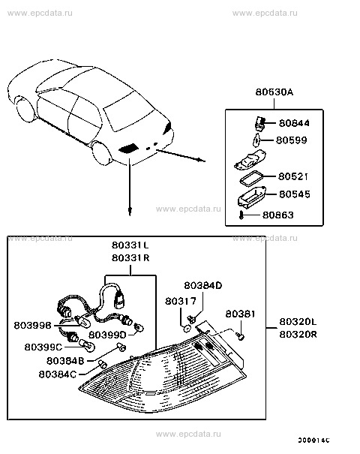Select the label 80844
[x=293, y=123]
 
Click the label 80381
[x=241, y=314]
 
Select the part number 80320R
[x=298, y=335]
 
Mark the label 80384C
[x=58, y=373]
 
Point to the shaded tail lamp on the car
[x=129, y=148]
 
